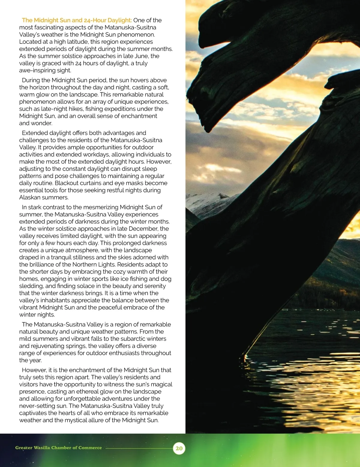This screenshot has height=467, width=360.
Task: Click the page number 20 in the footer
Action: pyautogui.click(x=179, y=448)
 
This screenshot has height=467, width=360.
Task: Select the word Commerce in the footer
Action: pyautogui.click(x=90, y=448)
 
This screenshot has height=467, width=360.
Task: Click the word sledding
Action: pyautogui.click(x=31, y=286)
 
